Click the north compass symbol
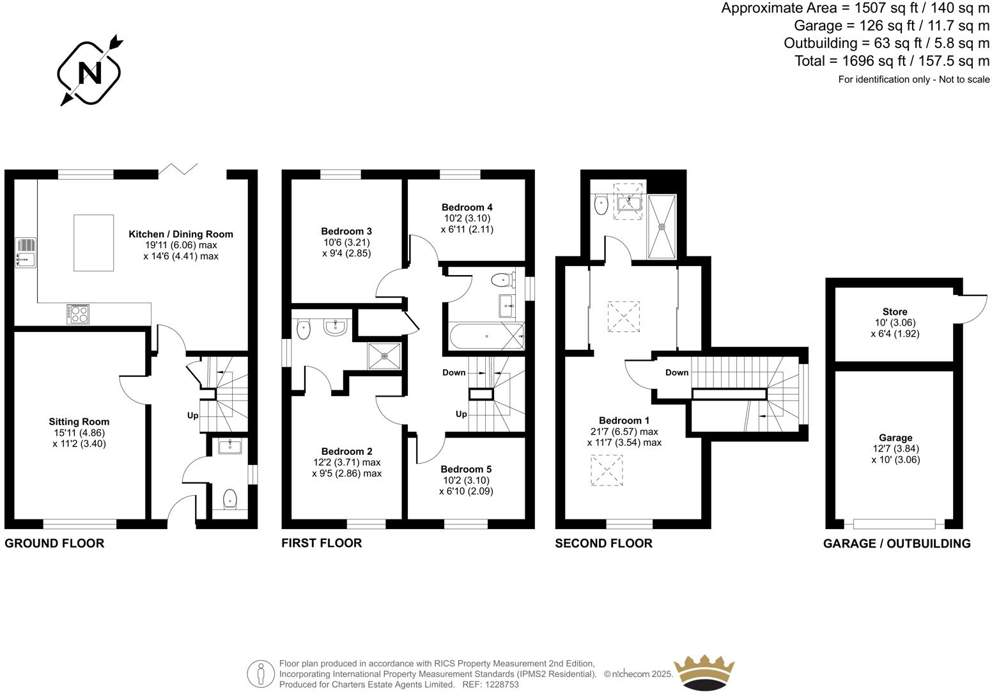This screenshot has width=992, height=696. point(90,72)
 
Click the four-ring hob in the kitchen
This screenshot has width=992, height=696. point(78,313)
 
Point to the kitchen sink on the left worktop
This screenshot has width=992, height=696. point(26,259)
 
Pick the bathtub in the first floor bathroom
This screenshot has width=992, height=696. point(486,336)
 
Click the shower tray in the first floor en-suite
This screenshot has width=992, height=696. point(385,356)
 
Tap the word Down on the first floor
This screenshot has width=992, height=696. point(454,372)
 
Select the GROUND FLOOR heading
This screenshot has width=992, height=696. point(54,544)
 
